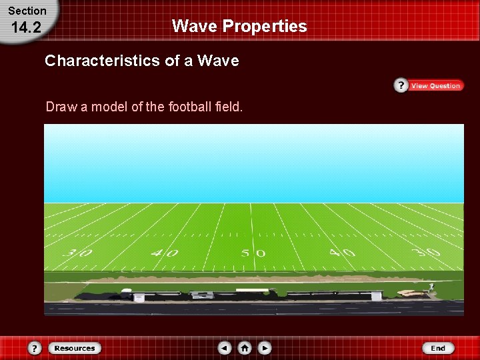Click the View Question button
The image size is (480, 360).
pos(435,85)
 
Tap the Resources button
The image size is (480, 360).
pos(74,348)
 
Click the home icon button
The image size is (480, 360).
pos(245,348)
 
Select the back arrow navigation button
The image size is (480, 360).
pos(225,348)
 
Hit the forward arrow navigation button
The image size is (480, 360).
pos(265,348)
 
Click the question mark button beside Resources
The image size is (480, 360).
pos(35,348)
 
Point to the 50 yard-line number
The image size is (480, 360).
pos(253,253)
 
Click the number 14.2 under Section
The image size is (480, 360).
pos(27,27)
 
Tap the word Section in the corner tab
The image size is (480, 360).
pos(27,11)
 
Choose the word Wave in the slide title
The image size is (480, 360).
pos(194,27)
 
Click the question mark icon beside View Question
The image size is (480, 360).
pos(401,85)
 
